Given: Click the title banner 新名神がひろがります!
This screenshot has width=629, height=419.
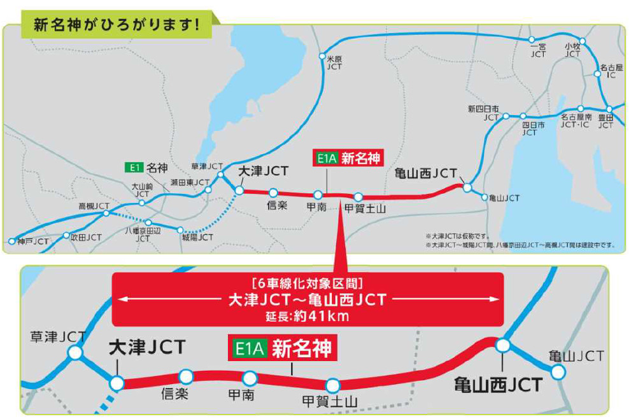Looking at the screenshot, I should coord(117,25).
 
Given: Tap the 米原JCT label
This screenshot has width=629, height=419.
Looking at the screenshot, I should coord(334,62).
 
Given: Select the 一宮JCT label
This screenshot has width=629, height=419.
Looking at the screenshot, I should coord(538,50).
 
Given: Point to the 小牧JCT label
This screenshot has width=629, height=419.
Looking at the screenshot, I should coord(573,50).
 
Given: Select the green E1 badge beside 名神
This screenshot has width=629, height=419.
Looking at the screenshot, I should coord(133,168).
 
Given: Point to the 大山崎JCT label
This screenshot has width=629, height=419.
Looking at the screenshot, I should coord(142,190).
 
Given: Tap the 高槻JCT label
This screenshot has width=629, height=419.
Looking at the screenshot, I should coord(94,207).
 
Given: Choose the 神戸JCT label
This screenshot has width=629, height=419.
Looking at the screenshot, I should coord(33,242).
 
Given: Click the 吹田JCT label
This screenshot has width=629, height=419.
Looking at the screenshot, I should coord(86,237).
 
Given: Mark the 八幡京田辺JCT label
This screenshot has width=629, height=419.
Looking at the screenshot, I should coord(143,234).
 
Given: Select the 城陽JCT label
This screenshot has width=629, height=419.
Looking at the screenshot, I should coord(197,237).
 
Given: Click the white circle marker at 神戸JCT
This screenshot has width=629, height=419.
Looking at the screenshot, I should coord(12,242).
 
